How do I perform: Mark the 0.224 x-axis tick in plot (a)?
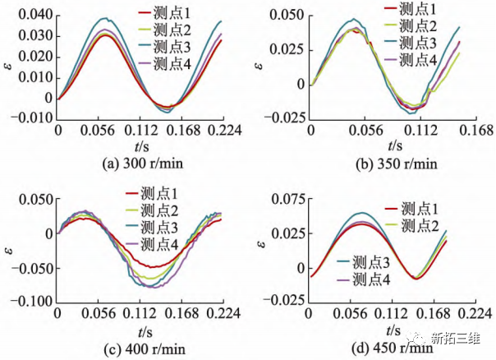coord(221,131)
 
